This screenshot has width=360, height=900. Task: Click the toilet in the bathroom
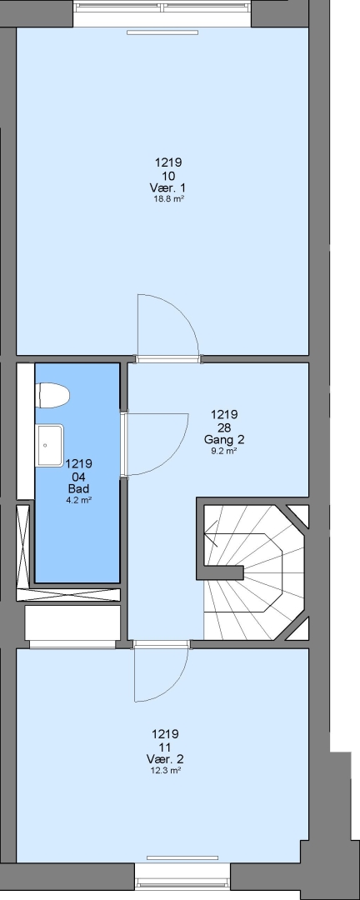point(52,396)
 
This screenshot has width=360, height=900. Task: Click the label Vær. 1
point(167,187)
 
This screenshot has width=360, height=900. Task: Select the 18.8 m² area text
point(168,199)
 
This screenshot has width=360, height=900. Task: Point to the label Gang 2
point(224,440)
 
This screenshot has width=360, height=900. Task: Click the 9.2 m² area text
point(224,451)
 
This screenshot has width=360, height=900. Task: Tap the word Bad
point(78,489)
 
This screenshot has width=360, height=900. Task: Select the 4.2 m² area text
point(78,500)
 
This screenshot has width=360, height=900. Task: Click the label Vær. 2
point(165,759)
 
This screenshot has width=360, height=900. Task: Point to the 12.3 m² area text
point(165,771)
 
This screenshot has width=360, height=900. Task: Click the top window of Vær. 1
point(162,8)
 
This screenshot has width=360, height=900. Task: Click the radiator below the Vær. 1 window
point(162,32)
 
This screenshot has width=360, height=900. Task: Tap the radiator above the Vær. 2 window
point(182,858)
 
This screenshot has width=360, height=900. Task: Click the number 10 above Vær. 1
point(168,176)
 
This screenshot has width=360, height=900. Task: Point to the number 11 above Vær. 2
point(165,747)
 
